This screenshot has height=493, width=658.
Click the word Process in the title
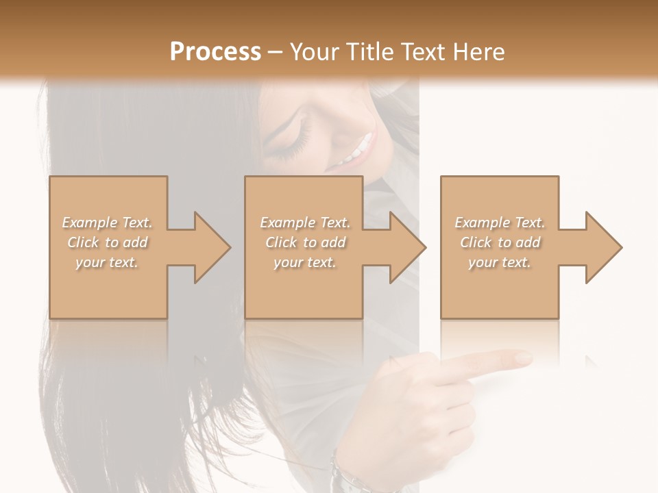point(215,52)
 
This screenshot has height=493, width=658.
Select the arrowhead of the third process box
point(602,247)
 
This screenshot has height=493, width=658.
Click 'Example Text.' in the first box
point(108,223)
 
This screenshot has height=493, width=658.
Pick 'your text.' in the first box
point(107,262)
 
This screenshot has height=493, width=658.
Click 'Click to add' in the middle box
point(305,242)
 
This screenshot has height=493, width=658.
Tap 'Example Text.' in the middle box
point(305,223)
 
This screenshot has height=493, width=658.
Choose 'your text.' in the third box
point(500,262)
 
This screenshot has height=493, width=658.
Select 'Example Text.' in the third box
point(500,223)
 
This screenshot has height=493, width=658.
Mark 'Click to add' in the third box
point(500,242)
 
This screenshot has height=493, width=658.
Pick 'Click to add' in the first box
point(108,242)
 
